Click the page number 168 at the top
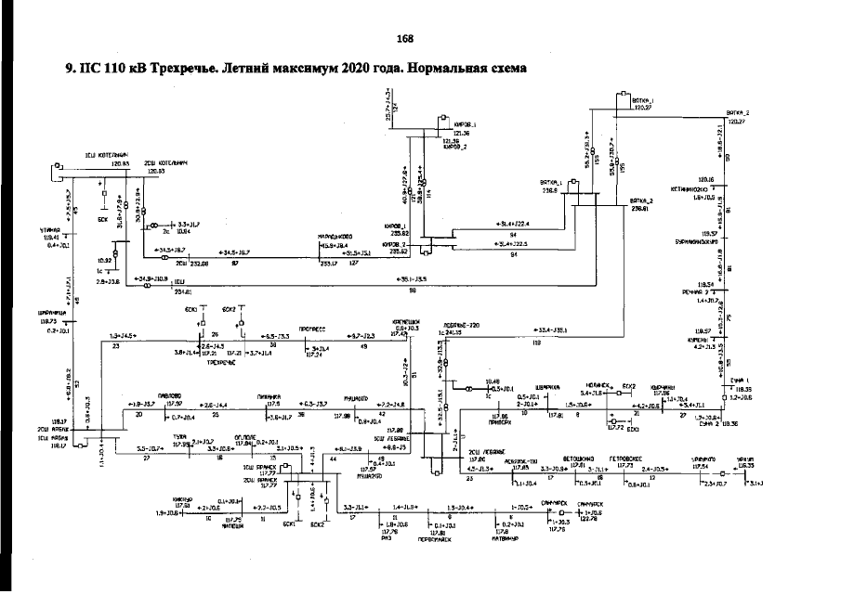coord(404,38)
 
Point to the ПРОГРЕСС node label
coord(325,328)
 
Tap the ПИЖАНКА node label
coord(270,395)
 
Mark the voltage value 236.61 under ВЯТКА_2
coord(641,210)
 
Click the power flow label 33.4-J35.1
coord(551,329)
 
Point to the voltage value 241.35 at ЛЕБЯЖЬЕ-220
coord(454,331)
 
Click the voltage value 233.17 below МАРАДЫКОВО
coord(328,264)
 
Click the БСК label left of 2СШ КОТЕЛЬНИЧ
coord(104,221)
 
